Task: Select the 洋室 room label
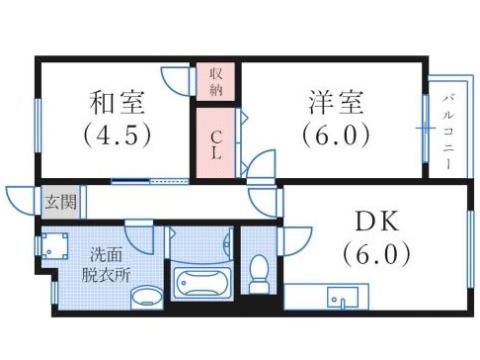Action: click(334, 101)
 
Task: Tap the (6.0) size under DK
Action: click(377, 254)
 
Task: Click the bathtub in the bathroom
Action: click(202, 283)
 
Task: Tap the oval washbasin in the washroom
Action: click(147, 296)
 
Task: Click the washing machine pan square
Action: click(56, 246)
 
